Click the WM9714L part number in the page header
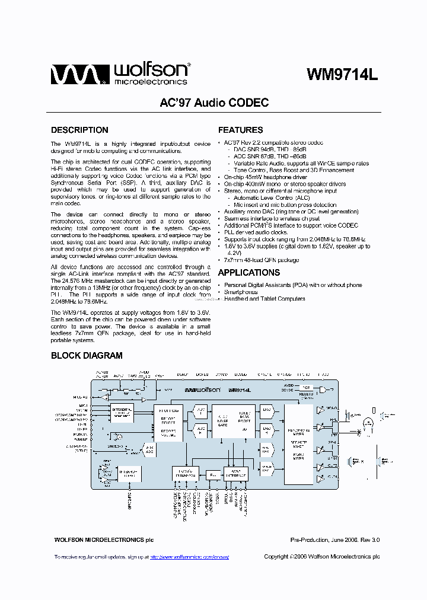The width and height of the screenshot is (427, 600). [x=342, y=75]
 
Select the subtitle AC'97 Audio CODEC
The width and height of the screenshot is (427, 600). [x=214, y=103]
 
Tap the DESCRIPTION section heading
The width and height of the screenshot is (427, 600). [x=79, y=130]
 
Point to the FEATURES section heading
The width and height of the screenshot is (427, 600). [x=241, y=130]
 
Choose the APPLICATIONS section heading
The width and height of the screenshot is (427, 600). [x=249, y=273]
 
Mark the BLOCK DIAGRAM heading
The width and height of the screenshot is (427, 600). [x=87, y=356]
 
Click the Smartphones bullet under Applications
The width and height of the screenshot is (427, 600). [x=241, y=292]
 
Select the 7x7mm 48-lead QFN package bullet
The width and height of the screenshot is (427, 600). [x=262, y=260]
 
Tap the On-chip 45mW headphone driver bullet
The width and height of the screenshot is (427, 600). [x=266, y=177]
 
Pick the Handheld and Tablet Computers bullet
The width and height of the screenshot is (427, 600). [x=265, y=299]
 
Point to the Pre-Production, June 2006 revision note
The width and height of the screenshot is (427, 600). [x=334, y=540]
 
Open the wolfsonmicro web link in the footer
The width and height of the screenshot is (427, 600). [x=189, y=557]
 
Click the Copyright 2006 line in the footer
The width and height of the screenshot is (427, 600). [x=321, y=557]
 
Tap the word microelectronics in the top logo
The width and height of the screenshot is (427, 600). [x=151, y=82]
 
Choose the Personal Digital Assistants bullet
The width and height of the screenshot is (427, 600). [x=293, y=285]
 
